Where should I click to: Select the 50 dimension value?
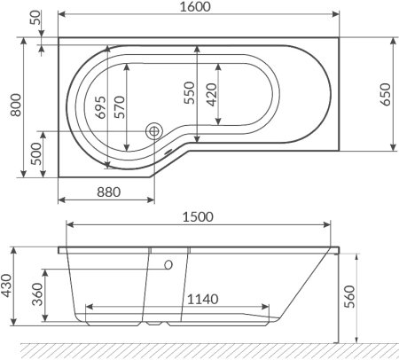click(x=35, y=19)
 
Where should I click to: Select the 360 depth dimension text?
click(x=35, y=293)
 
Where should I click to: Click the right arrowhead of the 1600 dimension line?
click(x=337, y=15)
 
